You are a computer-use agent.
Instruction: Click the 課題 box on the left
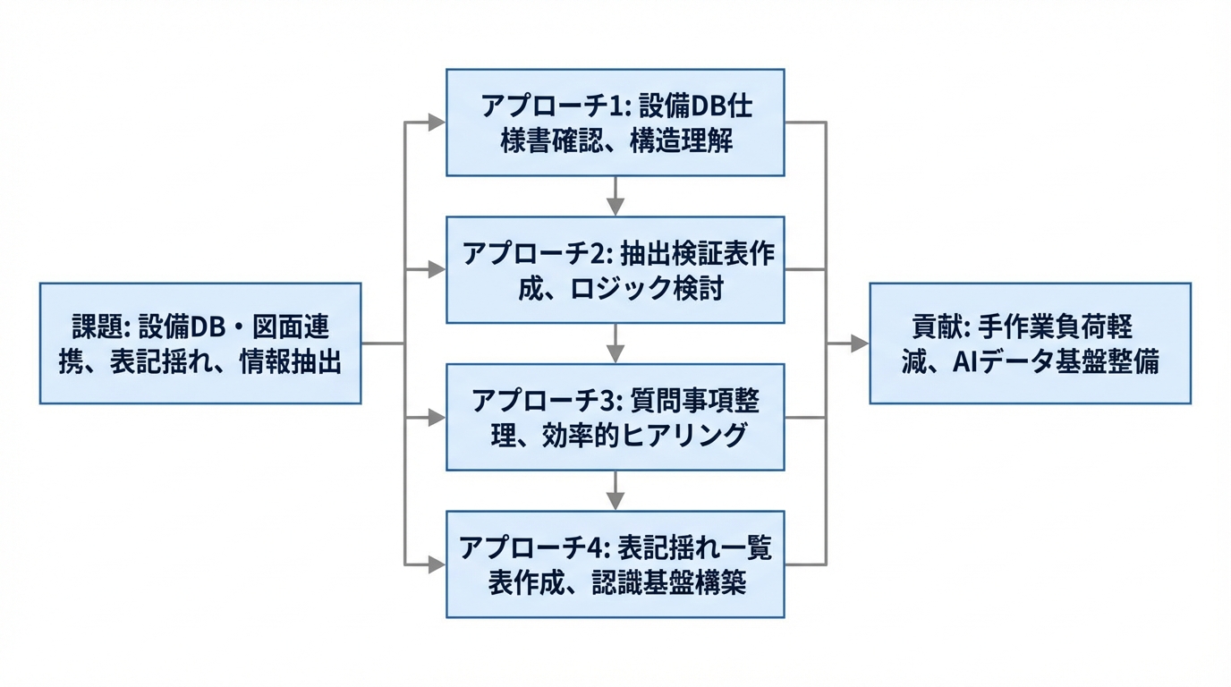coord(200,343)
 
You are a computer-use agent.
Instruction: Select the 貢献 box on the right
coord(1030,343)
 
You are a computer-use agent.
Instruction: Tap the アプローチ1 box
coord(615,123)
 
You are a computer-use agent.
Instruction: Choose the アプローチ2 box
coord(615,269)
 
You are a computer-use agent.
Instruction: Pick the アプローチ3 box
coord(615,417)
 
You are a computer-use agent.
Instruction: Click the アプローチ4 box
coord(615,564)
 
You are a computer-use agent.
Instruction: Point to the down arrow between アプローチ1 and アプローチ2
coord(615,197)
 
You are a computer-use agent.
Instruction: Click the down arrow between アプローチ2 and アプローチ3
coord(615,344)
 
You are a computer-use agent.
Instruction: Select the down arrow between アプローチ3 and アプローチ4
coord(615,491)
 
